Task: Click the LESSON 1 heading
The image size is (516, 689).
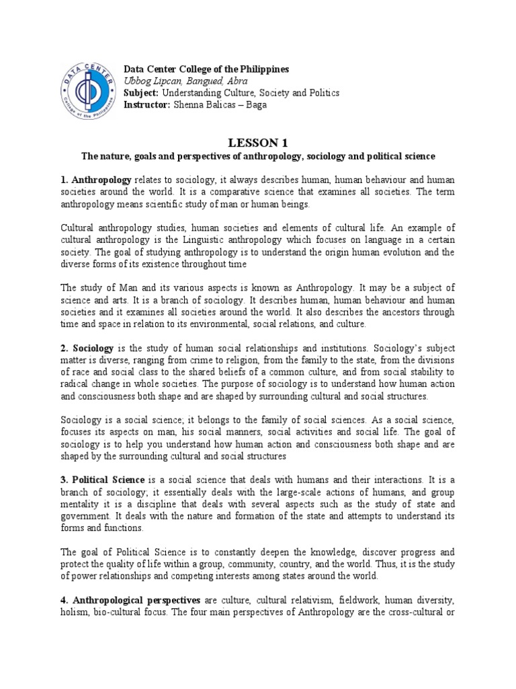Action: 258,143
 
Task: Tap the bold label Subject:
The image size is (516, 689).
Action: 140,92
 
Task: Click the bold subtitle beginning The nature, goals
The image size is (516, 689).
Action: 258,156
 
